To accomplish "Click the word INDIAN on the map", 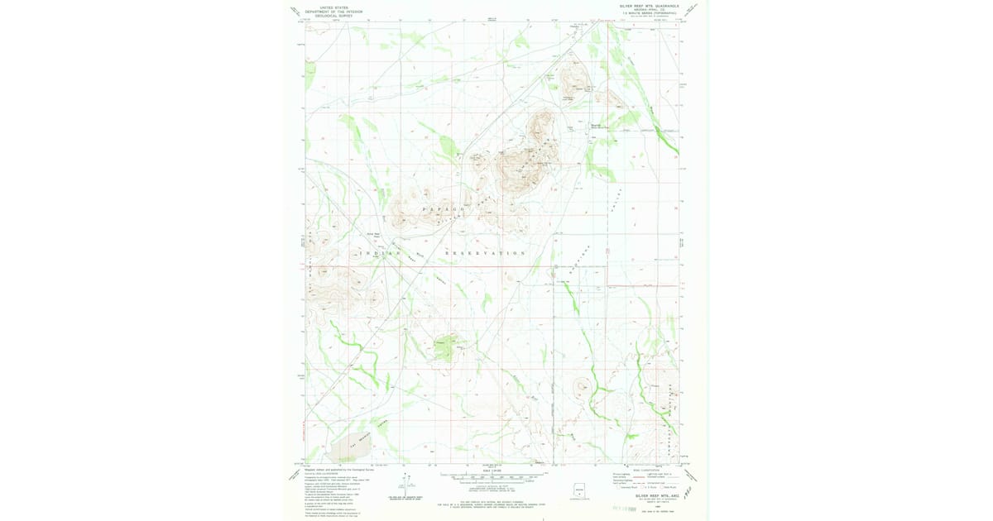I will [380, 252].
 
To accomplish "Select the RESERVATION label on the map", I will [486, 252].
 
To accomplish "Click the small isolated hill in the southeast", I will [583, 385].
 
